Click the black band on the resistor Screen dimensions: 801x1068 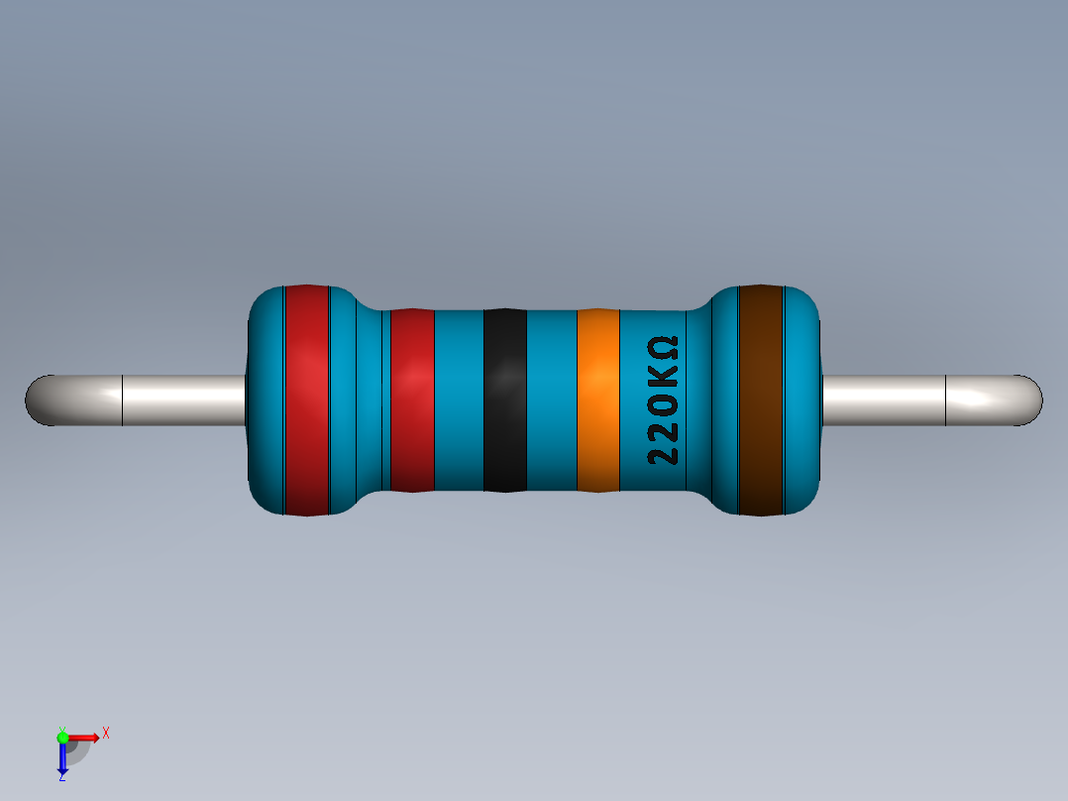tap(504, 400)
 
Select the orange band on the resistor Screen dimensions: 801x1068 tap(597, 400)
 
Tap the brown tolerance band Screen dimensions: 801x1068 tap(761, 400)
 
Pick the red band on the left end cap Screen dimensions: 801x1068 tap(306, 400)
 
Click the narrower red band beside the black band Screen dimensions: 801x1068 tap(412, 400)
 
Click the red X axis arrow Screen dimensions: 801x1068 tap(85, 737)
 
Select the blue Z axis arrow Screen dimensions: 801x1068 tap(62, 758)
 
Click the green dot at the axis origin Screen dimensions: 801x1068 tap(62, 737)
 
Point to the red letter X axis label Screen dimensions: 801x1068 tap(105, 733)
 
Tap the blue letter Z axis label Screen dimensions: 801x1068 tap(61, 778)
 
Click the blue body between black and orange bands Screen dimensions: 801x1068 tap(551, 400)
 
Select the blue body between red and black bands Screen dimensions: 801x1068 tap(459, 400)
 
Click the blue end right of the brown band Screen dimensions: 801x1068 tap(803, 400)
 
